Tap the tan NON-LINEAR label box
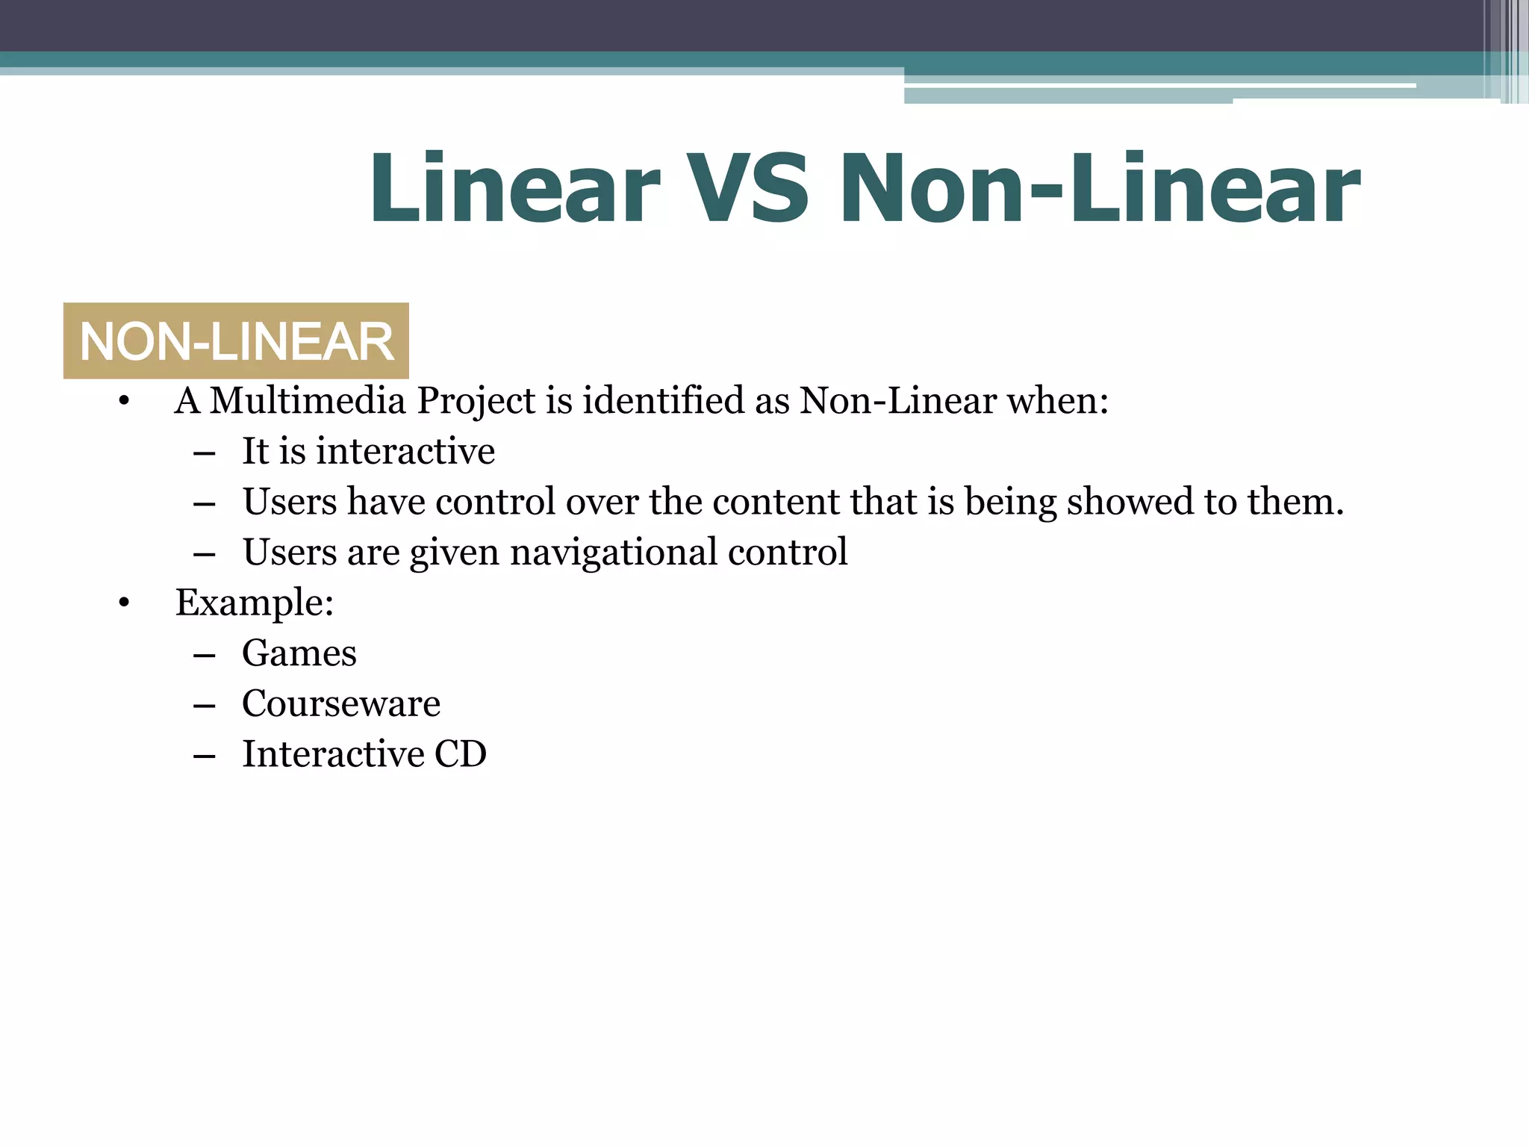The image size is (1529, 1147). tap(236, 341)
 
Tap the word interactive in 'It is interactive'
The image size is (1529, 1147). tap(405, 451)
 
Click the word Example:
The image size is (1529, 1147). tap(255, 603)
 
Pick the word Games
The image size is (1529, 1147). tap(299, 653)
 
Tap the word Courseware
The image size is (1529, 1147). tap(341, 703)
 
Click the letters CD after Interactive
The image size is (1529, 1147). tap(460, 753)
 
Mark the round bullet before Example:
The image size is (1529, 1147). tap(124, 603)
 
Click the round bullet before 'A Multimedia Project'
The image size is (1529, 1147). tap(124, 402)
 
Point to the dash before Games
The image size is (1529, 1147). tap(204, 655)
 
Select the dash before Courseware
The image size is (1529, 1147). tap(204, 705)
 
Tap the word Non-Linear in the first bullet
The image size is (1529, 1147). tap(898, 400)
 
